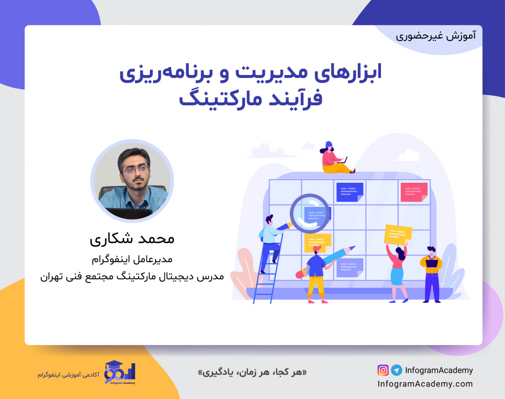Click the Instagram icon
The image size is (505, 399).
click(x=383, y=370)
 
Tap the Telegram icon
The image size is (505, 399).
click(x=396, y=370)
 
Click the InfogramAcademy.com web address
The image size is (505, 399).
click(x=425, y=384)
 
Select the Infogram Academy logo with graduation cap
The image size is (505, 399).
click(x=120, y=372)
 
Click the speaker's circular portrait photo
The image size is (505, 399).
click(x=132, y=181)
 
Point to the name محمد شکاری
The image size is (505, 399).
click(x=132, y=239)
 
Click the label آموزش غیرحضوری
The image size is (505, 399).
click(x=436, y=36)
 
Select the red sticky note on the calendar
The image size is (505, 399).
click(x=414, y=192)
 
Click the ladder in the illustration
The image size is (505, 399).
click(x=269, y=269)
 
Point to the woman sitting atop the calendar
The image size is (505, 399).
click(x=335, y=158)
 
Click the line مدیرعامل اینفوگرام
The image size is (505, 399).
click(x=132, y=259)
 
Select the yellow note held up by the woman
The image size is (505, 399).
click(x=398, y=234)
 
